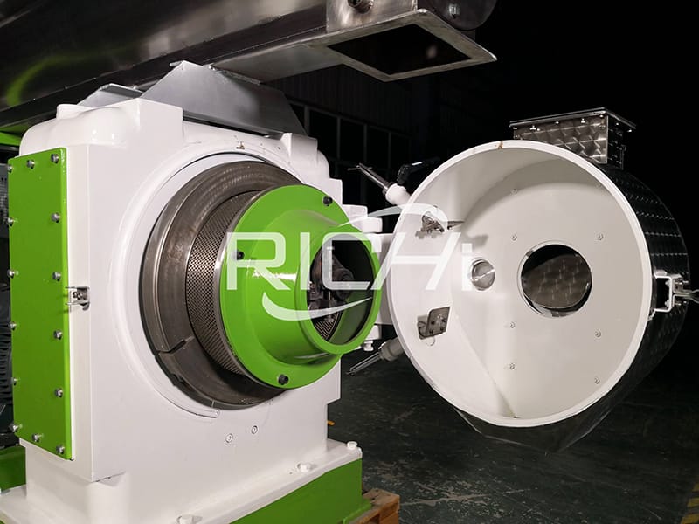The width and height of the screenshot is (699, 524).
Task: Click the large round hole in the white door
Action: tap(556, 279)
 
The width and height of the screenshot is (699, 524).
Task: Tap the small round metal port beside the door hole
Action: tap(482, 274)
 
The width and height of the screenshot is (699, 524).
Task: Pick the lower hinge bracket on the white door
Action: tap(433, 322)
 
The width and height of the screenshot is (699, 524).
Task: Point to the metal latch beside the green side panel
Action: tap(79, 297)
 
